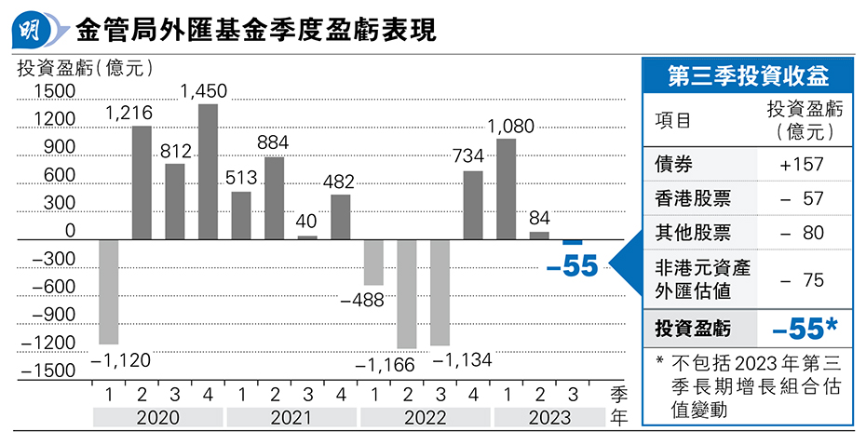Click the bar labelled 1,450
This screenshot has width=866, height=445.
coord(209,172)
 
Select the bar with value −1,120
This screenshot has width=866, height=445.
coord(109,292)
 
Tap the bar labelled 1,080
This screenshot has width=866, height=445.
coord(507,189)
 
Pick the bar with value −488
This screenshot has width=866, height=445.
coord(373,263)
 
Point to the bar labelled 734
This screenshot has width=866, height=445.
coord(473,205)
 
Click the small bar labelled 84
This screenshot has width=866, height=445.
coord(539,236)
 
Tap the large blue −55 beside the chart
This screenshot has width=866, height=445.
coord(572,266)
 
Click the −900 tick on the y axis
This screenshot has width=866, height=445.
coord(52,314)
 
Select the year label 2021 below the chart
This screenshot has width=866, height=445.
coord(291,417)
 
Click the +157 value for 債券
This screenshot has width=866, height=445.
coord(801,164)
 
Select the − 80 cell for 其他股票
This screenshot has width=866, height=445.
coord(801,232)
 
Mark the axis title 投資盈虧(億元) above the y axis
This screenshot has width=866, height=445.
coord(85,67)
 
